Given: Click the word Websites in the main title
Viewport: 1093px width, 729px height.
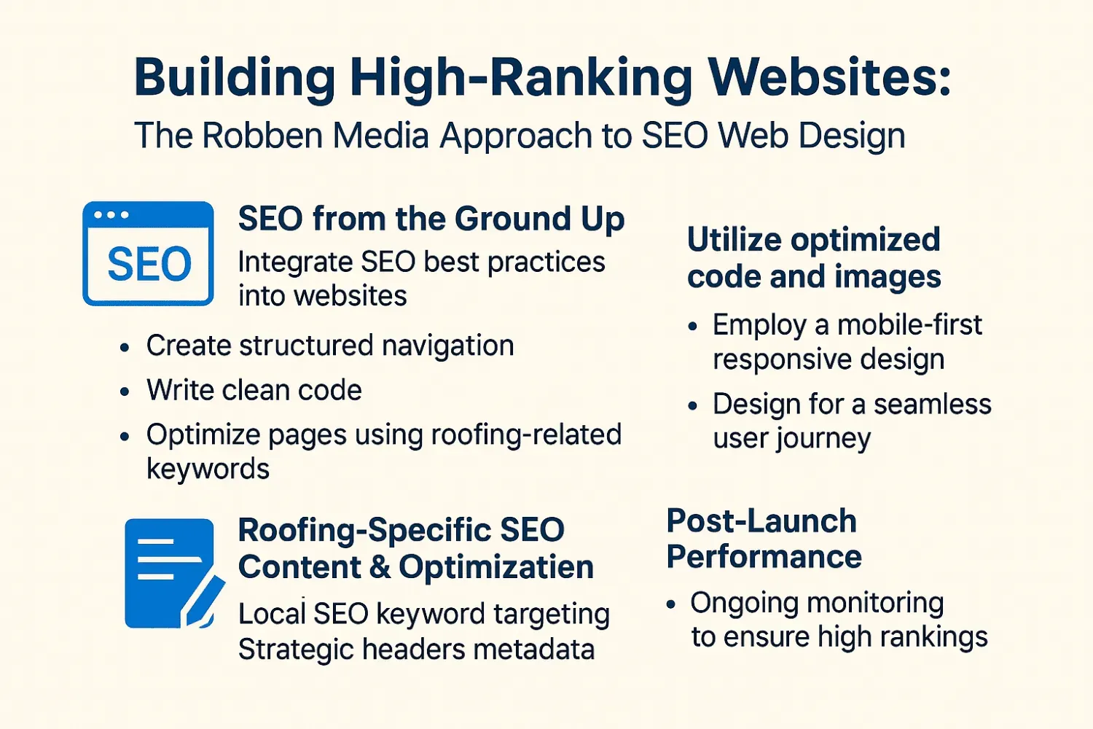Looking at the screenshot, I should tap(830, 77).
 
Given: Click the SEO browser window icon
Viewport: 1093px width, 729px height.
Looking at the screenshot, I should tap(148, 254).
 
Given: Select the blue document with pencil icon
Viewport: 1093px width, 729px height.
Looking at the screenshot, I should tap(173, 574).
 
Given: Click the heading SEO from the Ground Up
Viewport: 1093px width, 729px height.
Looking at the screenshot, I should tap(431, 219).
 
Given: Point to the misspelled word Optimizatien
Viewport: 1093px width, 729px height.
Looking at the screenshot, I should tap(496, 567).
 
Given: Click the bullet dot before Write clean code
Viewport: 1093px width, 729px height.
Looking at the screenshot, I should tap(125, 392).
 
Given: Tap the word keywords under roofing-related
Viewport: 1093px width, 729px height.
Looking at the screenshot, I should tap(208, 469).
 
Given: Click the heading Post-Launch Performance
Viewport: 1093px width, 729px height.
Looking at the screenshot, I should tap(764, 539).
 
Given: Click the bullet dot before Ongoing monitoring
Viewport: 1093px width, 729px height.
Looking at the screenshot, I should tap(670, 604).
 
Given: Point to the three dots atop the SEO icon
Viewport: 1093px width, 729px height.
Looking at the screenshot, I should tap(111, 215).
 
